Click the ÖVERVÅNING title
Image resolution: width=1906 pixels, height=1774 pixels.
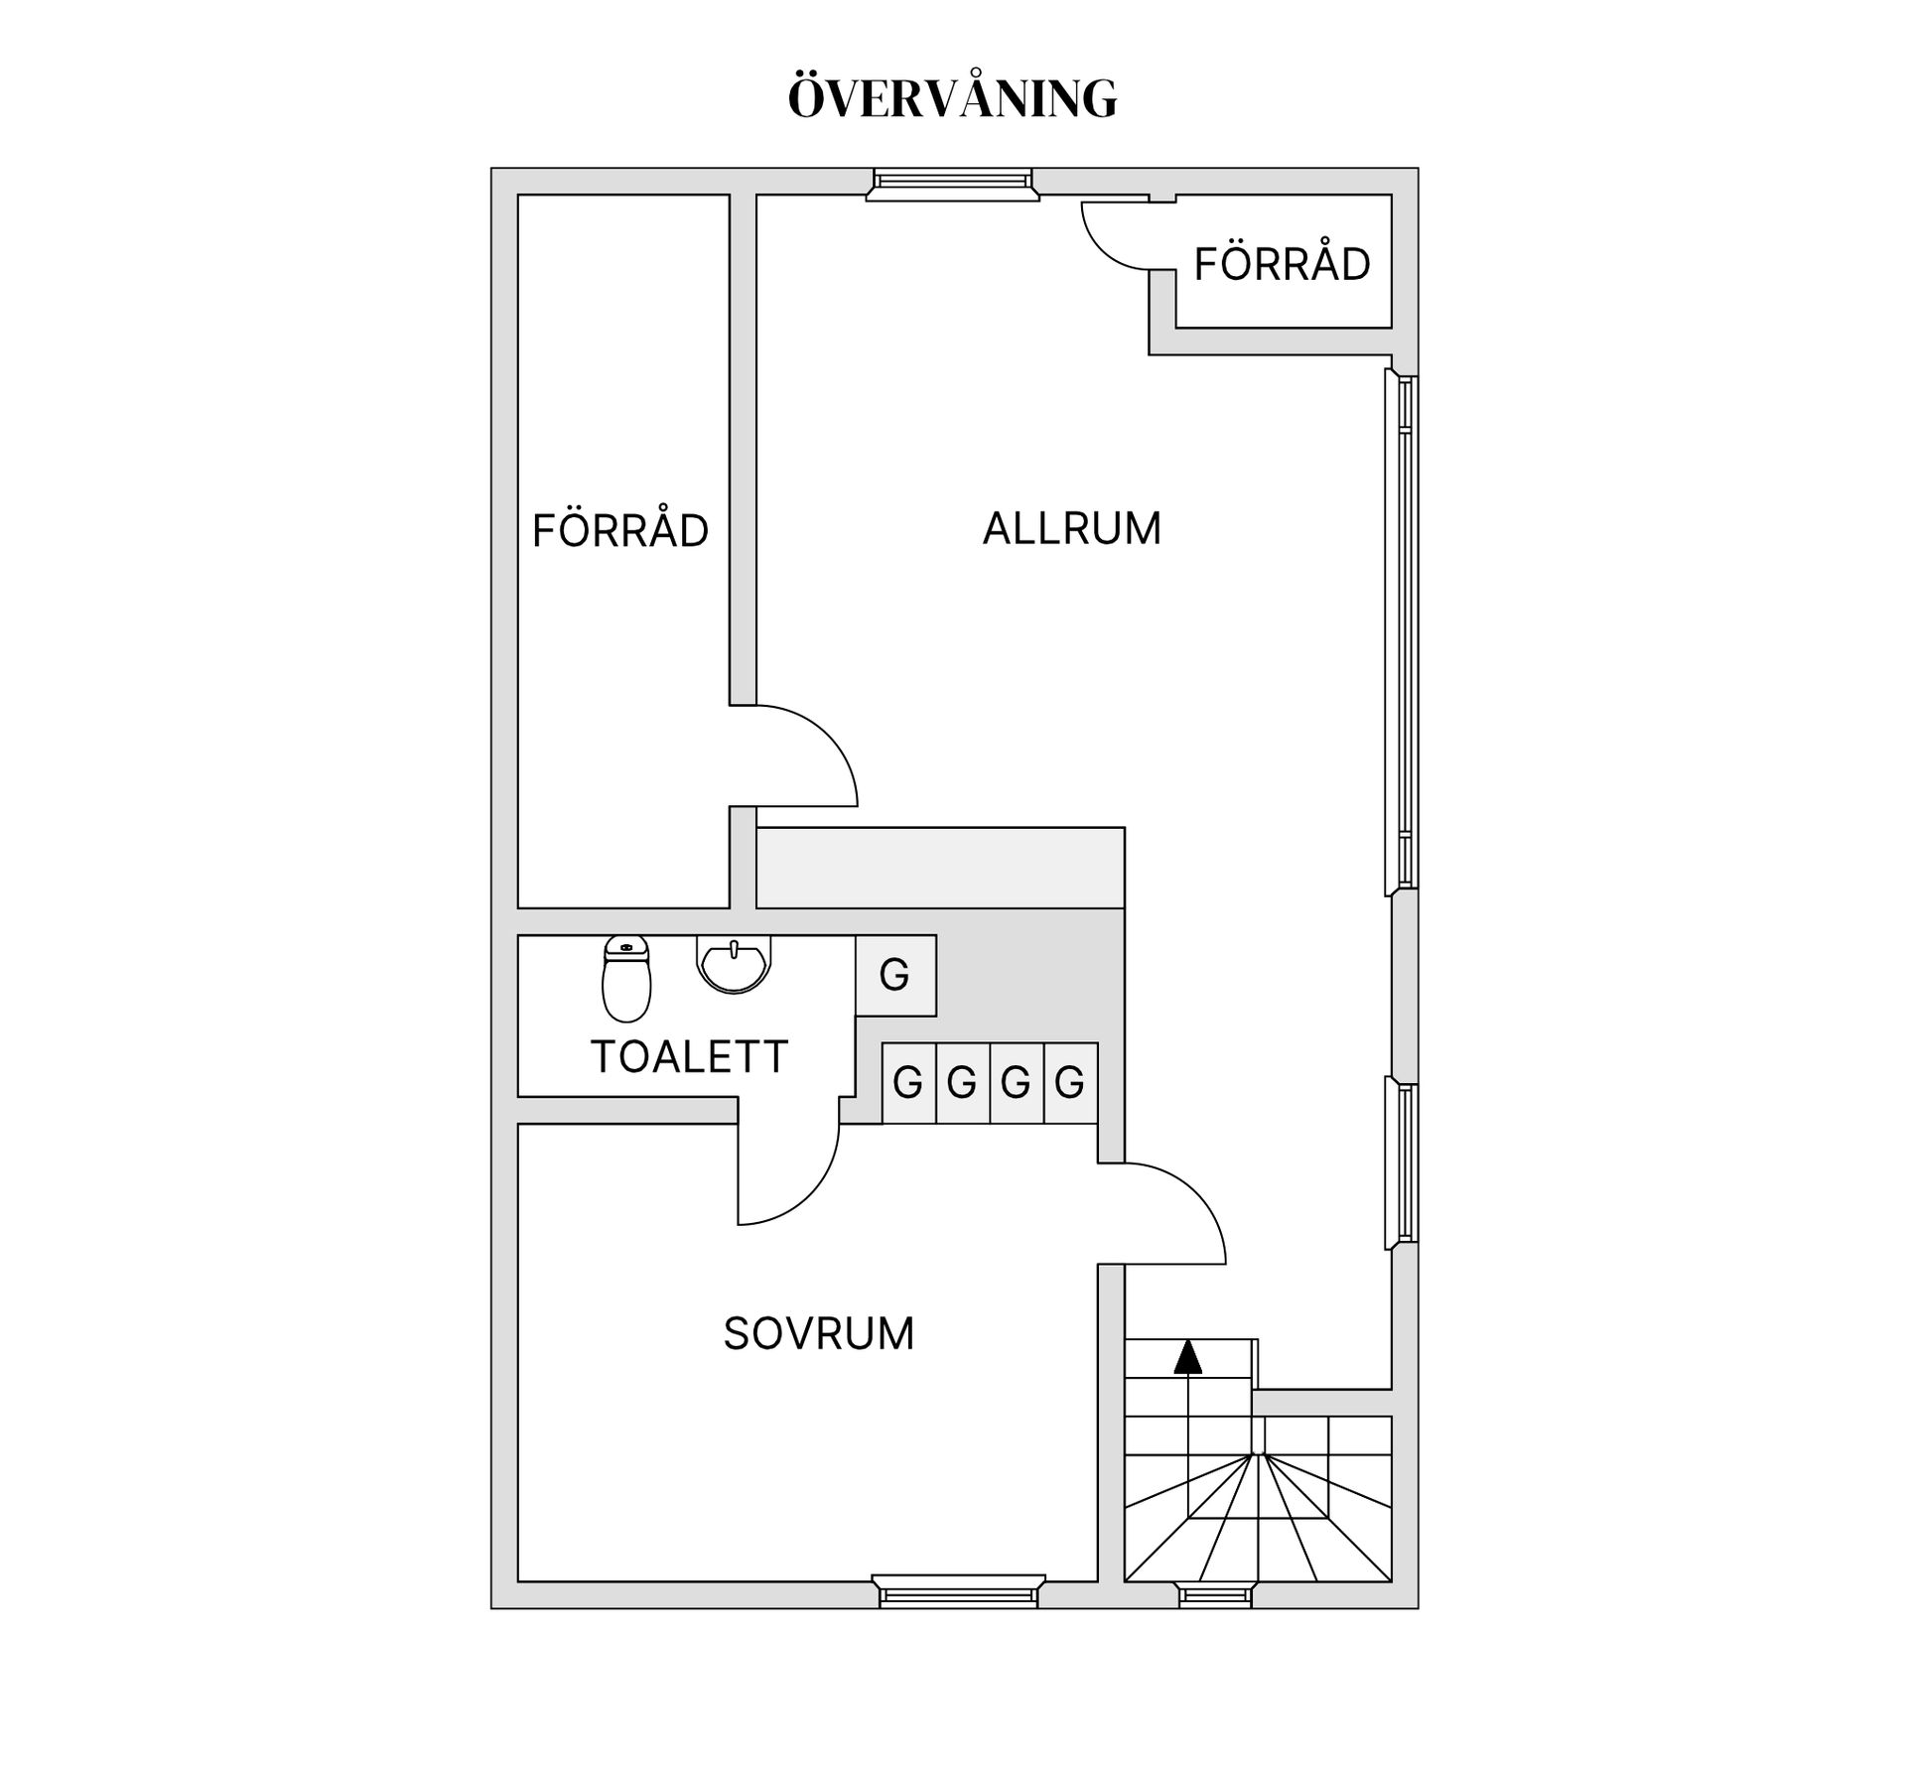point(953,96)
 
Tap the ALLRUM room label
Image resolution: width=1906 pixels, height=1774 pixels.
point(1072,528)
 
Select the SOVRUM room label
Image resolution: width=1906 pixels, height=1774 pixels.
point(819,1334)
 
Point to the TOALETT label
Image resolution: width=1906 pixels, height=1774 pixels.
point(689,1057)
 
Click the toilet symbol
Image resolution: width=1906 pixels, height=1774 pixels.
point(626,979)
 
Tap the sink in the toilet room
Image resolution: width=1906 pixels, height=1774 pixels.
point(734,964)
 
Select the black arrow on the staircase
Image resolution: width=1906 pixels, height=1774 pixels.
point(1187,1356)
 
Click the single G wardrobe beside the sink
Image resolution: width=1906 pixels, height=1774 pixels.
point(895,976)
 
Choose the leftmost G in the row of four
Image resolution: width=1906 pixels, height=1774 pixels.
point(908,1082)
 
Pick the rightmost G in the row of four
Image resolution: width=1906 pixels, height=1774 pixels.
point(1070,1082)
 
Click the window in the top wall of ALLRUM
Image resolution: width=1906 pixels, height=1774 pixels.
point(952,185)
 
